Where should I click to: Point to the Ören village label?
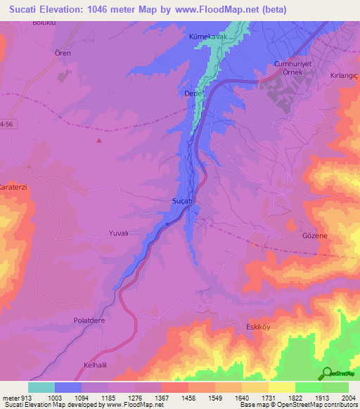coord(63,53)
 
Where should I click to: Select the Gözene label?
coord(314,236)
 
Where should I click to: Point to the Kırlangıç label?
coord(345,74)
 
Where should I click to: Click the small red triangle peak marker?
coord(99,140)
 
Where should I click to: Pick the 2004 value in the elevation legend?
coord(348,397)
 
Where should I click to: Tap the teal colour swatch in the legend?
coord(41,387)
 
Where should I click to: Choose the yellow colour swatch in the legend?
coord(281,387)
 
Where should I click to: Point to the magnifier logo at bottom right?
coord(326,373)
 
